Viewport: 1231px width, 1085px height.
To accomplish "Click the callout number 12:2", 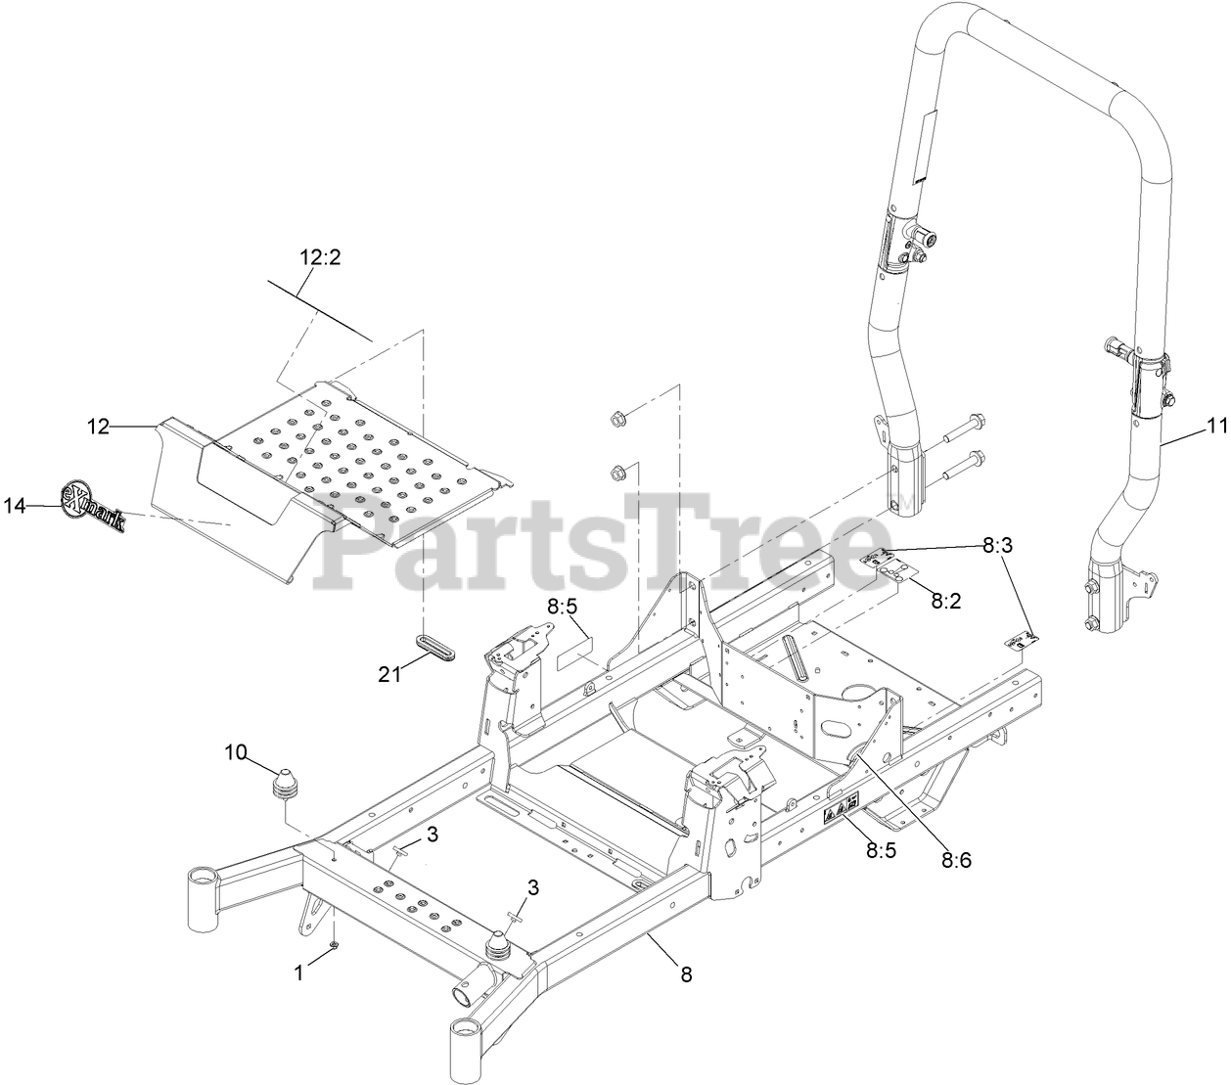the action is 320,258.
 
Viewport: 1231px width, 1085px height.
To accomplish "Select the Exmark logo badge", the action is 94,506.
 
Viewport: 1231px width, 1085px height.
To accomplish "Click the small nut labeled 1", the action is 335,945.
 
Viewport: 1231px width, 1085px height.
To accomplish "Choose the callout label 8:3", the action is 998,546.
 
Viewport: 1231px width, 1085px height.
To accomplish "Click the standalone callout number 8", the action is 686,973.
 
